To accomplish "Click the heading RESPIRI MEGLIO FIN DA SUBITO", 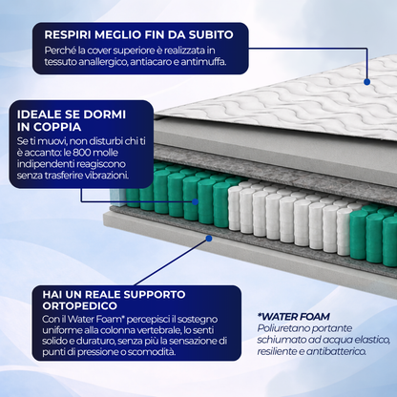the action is coord(138,34).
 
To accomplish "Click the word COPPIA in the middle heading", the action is coord(57,127).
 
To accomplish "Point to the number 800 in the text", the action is coord(82,153).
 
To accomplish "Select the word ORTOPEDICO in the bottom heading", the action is coord(80,306).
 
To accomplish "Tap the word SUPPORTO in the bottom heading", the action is coord(155,294).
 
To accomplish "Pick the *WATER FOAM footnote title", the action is coord(293,317).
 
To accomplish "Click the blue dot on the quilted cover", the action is coord(366,82).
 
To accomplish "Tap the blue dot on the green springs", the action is coord(195,201).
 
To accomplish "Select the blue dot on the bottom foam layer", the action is coord(209,239).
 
